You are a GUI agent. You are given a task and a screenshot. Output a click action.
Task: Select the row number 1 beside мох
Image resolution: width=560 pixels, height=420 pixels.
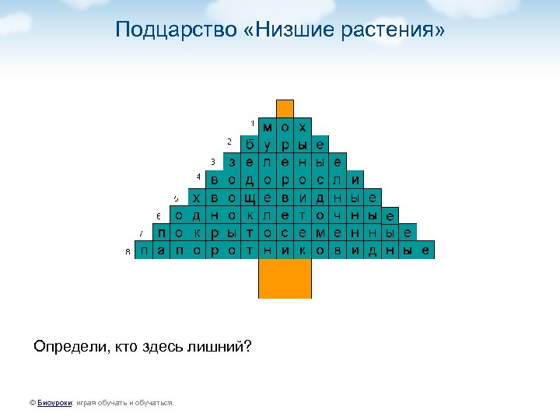click(252, 123)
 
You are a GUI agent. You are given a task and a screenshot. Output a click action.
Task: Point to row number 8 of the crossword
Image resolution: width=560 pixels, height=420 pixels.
click(128, 251)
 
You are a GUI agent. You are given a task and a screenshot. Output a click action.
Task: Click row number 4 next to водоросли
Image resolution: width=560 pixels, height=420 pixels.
click(198, 177)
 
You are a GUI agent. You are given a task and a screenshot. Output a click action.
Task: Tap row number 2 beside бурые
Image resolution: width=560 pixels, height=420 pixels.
click(229, 141)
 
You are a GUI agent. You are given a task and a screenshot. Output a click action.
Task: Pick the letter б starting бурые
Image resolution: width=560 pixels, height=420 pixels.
click(249, 145)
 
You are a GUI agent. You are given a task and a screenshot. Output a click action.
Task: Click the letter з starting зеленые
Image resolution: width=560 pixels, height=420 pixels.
click(232, 163)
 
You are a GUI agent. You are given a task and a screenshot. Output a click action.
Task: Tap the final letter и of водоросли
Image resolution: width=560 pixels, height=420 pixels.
click(355, 180)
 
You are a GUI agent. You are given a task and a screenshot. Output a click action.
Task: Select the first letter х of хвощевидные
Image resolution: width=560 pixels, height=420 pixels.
click(196, 198)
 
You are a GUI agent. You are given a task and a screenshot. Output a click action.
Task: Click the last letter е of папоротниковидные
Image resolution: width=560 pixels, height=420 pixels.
click(425, 250)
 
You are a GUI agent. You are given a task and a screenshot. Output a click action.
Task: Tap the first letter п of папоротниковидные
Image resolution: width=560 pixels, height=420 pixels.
click(144, 250)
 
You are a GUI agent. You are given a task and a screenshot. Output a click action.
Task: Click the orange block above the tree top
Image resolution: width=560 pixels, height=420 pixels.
click(285, 108)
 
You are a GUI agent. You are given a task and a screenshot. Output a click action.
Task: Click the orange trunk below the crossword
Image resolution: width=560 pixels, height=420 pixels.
click(285, 278)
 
